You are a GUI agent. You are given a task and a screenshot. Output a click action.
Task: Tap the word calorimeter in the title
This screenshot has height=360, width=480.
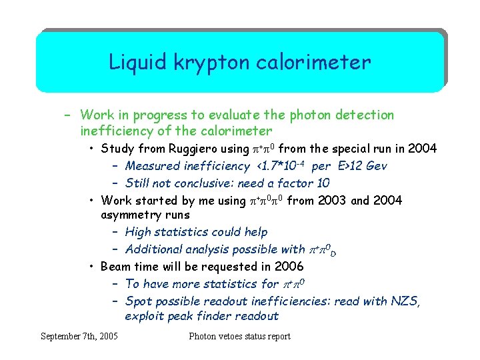point(316,63)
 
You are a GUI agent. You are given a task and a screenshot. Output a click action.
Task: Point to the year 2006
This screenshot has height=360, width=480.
point(289,267)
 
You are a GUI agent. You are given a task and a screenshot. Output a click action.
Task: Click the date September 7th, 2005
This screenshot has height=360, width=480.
point(79,336)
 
